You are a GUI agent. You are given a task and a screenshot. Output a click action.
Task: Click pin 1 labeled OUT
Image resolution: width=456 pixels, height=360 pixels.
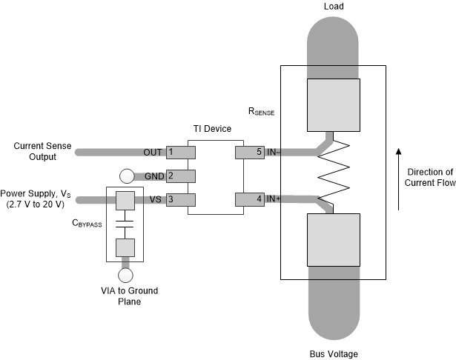point(180,152)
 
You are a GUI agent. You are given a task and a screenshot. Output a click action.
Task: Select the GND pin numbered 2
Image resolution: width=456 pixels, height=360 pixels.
point(180,176)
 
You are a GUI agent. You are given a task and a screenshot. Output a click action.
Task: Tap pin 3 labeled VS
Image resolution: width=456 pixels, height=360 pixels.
point(180,199)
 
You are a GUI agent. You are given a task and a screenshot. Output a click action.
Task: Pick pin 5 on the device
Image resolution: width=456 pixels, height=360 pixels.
point(249,152)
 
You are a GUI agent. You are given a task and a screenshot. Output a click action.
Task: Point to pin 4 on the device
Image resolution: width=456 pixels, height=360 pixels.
point(249,199)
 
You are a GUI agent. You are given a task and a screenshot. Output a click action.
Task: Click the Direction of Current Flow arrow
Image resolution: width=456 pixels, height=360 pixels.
point(398,179)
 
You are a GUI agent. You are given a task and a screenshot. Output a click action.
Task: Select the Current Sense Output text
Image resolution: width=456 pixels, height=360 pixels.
point(42,152)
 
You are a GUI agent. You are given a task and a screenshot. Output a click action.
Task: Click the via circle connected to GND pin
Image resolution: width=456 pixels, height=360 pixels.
point(126,177)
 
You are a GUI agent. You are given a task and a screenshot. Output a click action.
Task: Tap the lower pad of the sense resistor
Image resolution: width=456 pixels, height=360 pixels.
point(332,240)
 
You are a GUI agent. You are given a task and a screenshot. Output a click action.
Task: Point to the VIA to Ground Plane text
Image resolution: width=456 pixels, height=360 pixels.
point(125,295)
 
